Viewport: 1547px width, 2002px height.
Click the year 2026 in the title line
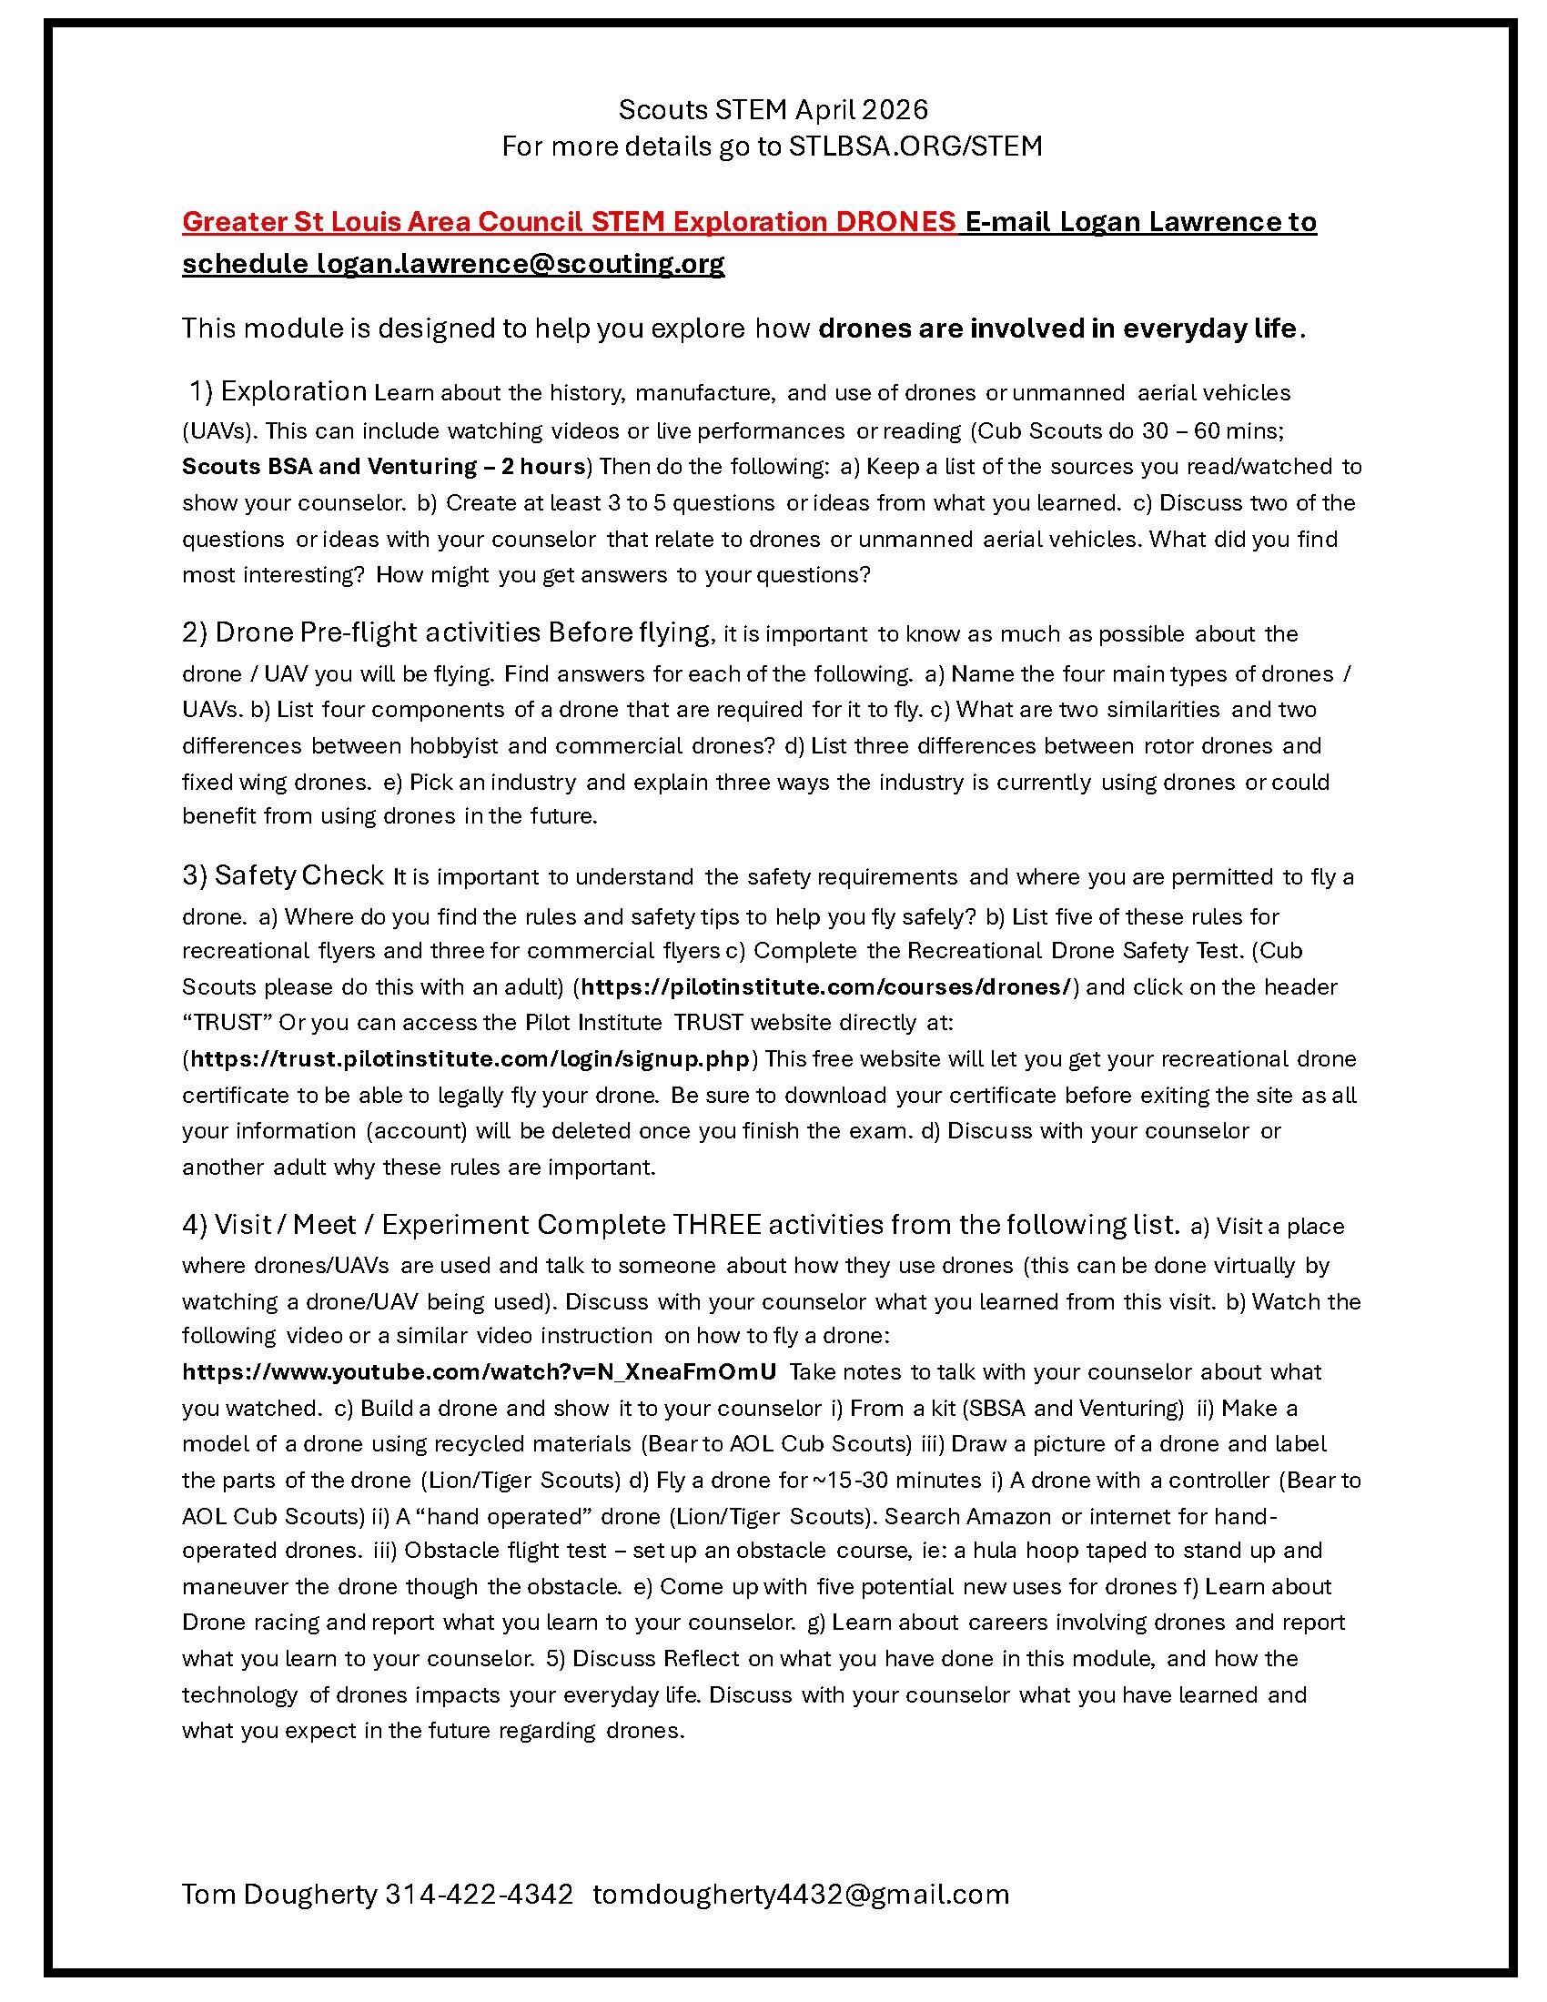coord(895,110)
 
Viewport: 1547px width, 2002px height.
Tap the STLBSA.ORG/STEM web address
coord(915,147)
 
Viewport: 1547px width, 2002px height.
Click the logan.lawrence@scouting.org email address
coord(521,263)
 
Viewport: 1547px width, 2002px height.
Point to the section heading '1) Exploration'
coord(278,391)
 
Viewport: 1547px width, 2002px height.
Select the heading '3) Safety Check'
coord(282,875)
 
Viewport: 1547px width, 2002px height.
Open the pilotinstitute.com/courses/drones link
coord(825,986)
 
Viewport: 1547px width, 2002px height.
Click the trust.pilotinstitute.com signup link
coord(470,1058)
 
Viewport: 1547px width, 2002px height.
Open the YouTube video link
coord(480,1372)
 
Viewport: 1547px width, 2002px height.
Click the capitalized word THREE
coord(716,1225)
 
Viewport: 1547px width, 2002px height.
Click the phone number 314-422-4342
coord(480,1894)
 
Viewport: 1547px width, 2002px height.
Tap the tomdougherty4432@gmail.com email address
coord(801,1894)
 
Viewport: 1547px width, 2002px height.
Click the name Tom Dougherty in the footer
coord(279,1894)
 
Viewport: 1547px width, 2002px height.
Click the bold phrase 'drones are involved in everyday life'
coord(1058,329)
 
